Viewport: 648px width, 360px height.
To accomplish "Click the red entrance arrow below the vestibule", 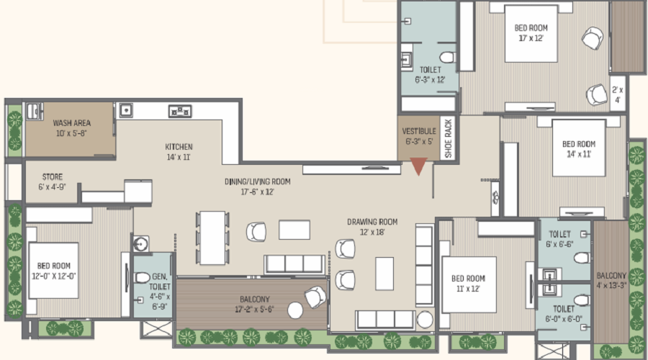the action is [418, 166].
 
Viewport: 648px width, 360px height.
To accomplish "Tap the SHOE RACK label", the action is [449, 138].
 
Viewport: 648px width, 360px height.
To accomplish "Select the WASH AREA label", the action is [71, 122].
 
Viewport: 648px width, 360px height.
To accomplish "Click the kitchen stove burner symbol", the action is [180, 111].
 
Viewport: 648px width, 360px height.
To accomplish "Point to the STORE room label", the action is [53, 177].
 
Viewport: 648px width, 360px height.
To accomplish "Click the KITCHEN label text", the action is [179, 147].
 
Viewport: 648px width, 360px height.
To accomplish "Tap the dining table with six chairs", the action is [212, 238].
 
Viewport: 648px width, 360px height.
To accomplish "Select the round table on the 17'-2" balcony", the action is [295, 310].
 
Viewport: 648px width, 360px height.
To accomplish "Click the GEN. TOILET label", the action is [160, 282].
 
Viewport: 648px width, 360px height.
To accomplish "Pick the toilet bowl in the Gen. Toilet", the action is [141, 277].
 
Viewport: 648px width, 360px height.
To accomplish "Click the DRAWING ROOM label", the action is [372, 222].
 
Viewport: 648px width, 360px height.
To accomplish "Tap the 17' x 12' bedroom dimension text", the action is [531, 38].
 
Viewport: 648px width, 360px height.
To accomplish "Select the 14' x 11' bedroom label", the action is [579, 149].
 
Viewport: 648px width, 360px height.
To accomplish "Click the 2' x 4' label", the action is [618, 94].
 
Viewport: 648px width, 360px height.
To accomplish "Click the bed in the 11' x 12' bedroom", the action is [469, 284].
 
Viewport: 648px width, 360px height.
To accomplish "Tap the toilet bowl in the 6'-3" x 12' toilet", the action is [447, 57].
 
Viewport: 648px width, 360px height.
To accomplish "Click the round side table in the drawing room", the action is [424, 320].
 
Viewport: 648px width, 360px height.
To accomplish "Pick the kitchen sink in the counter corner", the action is [126, 110].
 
